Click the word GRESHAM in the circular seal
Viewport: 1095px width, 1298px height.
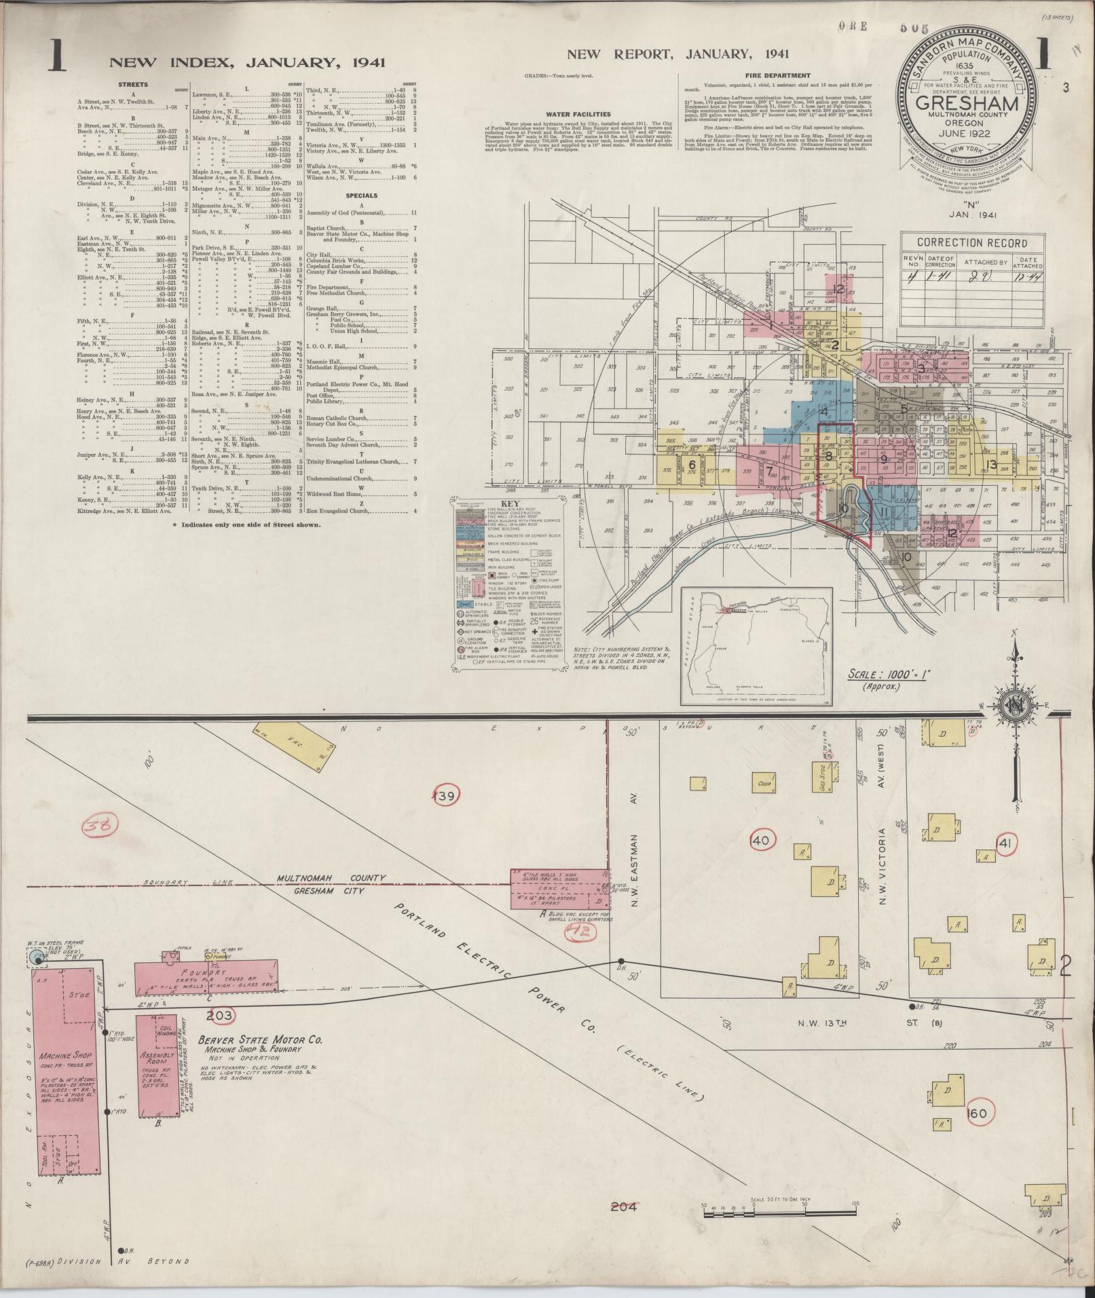pyautogui.click(x=967, y=104)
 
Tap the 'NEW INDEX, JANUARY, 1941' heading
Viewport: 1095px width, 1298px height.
pyautogui.click(x=247, y=62)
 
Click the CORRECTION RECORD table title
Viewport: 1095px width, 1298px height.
pyautogui.click(x=971, y=242)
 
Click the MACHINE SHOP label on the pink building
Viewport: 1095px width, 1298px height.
pyautogui.click(x=61, y=1076)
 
